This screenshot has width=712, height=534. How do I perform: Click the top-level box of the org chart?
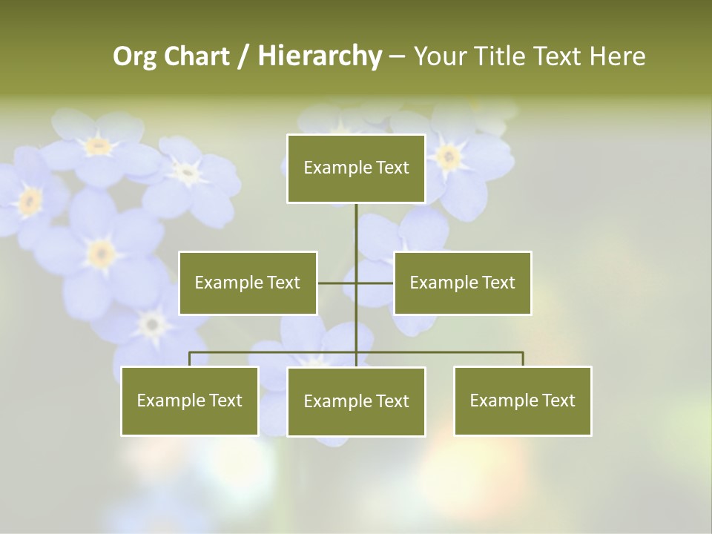[356, 168]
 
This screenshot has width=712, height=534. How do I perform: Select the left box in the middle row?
[248, 283]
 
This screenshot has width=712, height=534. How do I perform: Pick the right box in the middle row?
[462, 283]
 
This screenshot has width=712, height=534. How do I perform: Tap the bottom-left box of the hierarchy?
[190, 400]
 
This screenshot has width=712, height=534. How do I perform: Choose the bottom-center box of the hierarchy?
[356, 401]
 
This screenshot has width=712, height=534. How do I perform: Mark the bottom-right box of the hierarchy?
[522, 400]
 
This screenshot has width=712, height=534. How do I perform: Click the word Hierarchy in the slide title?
[320, 56]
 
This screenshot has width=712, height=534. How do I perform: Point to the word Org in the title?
[135, 56]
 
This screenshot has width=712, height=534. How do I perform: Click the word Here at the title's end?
[618, 56]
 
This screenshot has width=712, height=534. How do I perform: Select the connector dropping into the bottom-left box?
[190, 359]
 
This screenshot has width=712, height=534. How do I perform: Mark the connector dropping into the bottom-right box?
[523, 359]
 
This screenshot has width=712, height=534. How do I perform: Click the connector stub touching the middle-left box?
[330, 283]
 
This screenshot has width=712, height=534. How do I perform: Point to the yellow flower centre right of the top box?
[447, 156]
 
